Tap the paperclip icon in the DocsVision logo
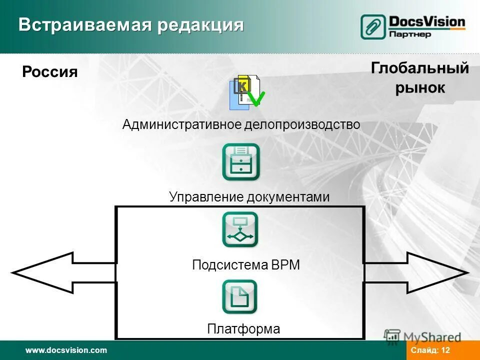pyautogui.click(x=373, y=27)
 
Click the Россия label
pyautogui.click(x=50, y=72)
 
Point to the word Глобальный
pyautogui.click(x=420, y=68)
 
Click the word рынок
pyautogui.click(x=420, y=88)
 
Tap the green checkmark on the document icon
pyautogui.click(x=256, y=98)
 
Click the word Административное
pyautogui.click(x=182, y=124)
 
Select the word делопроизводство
pyautogui.click(x=302, y=124)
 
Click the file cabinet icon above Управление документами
pyautogui.click(x=241, y=162)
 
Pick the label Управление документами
pyautogui.click(x=249, y=197)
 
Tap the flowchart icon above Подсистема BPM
pyautogui.click(x=240, y=229)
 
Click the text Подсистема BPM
pyautogui.click(x=246, y=265)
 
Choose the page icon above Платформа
pyautogui.click(x=240, y=296)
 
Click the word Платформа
pyautogui.click(x=243, y=329)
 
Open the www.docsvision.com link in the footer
pyautogui.click(x=66, y=350)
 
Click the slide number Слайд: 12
pyautogui.click(x=430, y=350)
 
